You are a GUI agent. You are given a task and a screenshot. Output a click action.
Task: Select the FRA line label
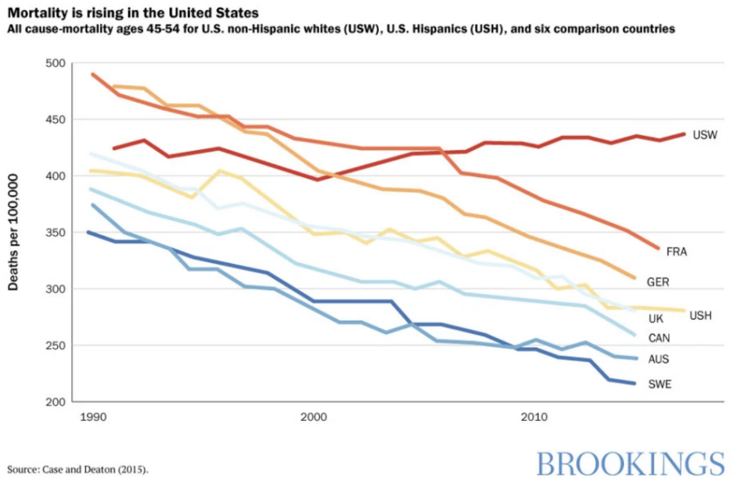coord(676,252)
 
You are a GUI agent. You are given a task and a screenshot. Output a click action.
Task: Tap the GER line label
coord(658,282)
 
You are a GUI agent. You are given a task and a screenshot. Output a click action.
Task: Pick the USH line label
coord(700,315)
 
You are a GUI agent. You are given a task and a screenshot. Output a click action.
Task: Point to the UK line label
coord(656,318)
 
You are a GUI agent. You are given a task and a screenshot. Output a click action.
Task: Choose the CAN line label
coord(658,338)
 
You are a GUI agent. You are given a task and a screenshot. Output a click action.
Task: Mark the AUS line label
coord(658,359)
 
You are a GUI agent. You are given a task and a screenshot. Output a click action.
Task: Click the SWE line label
coord(660,384)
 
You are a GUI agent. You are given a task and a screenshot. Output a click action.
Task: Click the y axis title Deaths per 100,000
coord(13,232)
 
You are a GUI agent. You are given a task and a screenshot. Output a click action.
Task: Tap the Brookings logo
coord(630,463)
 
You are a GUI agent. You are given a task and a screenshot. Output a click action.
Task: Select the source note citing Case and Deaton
coord(78,469)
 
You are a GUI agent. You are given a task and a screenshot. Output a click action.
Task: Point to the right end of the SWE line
coord(634,383)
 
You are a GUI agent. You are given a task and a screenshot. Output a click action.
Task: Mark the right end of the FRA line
coord(658,249)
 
